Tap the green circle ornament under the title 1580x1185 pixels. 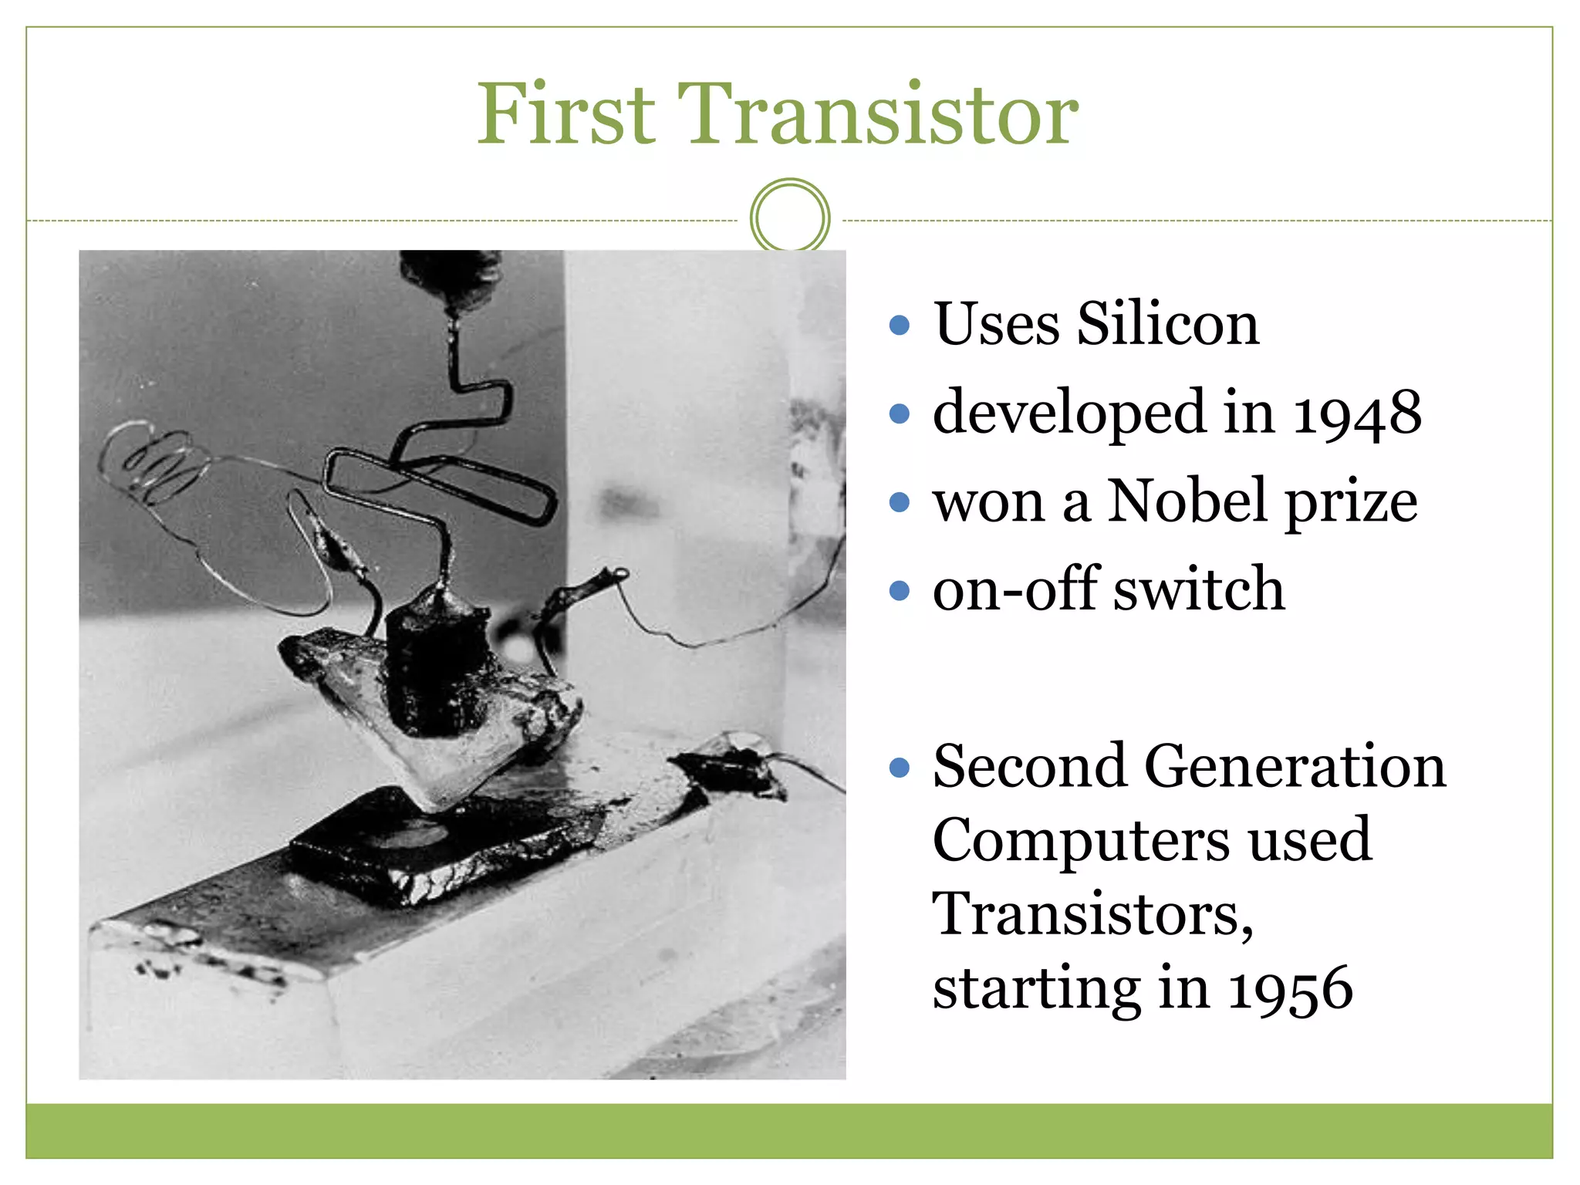(789, 217)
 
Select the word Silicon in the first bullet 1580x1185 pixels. (1167, 324)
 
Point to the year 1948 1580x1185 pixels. (1356, 414)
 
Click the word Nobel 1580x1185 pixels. (1189, 501)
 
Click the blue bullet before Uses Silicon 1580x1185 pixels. (899, 325)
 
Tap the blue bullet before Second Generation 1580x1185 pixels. (899, 768)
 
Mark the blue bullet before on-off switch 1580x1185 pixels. (899, 591)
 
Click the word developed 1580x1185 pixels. (1069, 414)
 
